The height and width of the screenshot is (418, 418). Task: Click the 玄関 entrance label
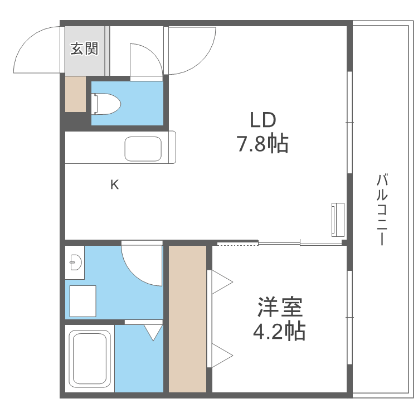coord(84,49)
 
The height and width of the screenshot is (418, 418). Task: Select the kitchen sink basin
coord(143,148)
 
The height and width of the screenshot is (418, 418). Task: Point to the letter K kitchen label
coord(114,184)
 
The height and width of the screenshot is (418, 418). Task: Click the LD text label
coord(263,120)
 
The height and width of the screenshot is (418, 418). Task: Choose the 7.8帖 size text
coord(263,144)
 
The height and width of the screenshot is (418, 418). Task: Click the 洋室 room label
coord(280,307)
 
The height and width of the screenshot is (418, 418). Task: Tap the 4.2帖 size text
coord(279,332)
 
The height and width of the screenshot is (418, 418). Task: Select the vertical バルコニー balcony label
coord(382,210)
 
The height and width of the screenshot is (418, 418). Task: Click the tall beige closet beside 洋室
coord(187,318)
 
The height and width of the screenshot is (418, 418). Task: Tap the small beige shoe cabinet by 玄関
coord(75,94)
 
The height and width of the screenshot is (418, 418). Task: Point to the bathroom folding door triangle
coord(152,332)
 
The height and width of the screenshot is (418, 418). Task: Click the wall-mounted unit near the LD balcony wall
coord(337,219)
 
